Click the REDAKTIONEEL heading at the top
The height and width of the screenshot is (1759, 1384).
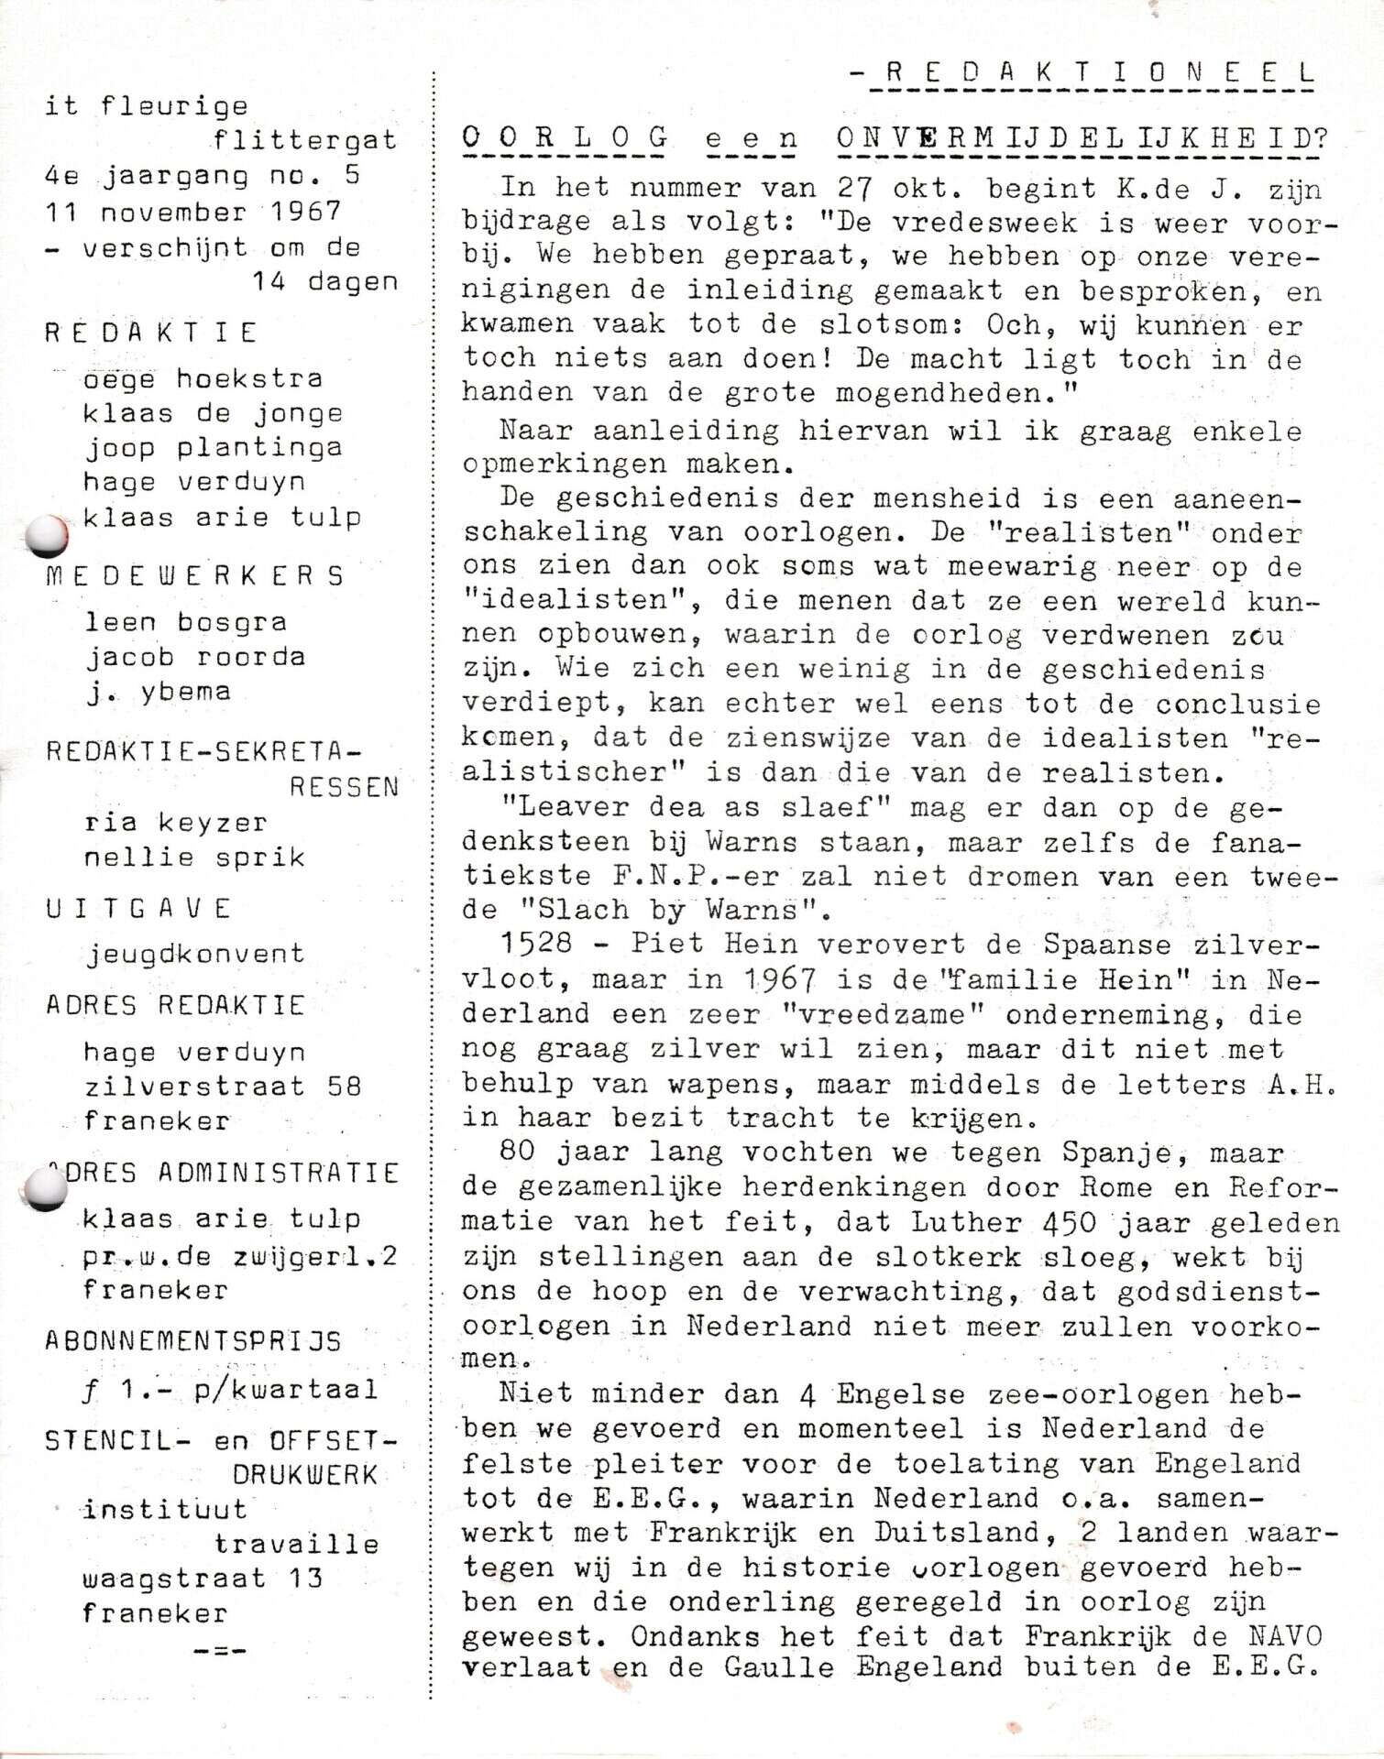tap(1091, 73)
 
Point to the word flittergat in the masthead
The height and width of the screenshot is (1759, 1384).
tap(305, 140)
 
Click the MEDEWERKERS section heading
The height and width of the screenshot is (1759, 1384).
tap(194, 575)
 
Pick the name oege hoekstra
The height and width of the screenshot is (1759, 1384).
tap(203, 378)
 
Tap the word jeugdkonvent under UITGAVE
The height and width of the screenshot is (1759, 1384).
tap(194, 954)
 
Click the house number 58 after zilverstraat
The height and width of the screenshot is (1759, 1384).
tap(344, 1087)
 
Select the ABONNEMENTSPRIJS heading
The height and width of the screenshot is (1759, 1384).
tap(192, 1341)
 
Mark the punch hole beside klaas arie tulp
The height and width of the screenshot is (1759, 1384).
tap(47, 536)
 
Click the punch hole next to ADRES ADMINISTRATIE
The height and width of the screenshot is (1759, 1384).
tap(45, 1189)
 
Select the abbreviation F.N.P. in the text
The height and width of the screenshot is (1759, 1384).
tap(652, 876)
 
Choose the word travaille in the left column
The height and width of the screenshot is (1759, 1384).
tap(296, 1544)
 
